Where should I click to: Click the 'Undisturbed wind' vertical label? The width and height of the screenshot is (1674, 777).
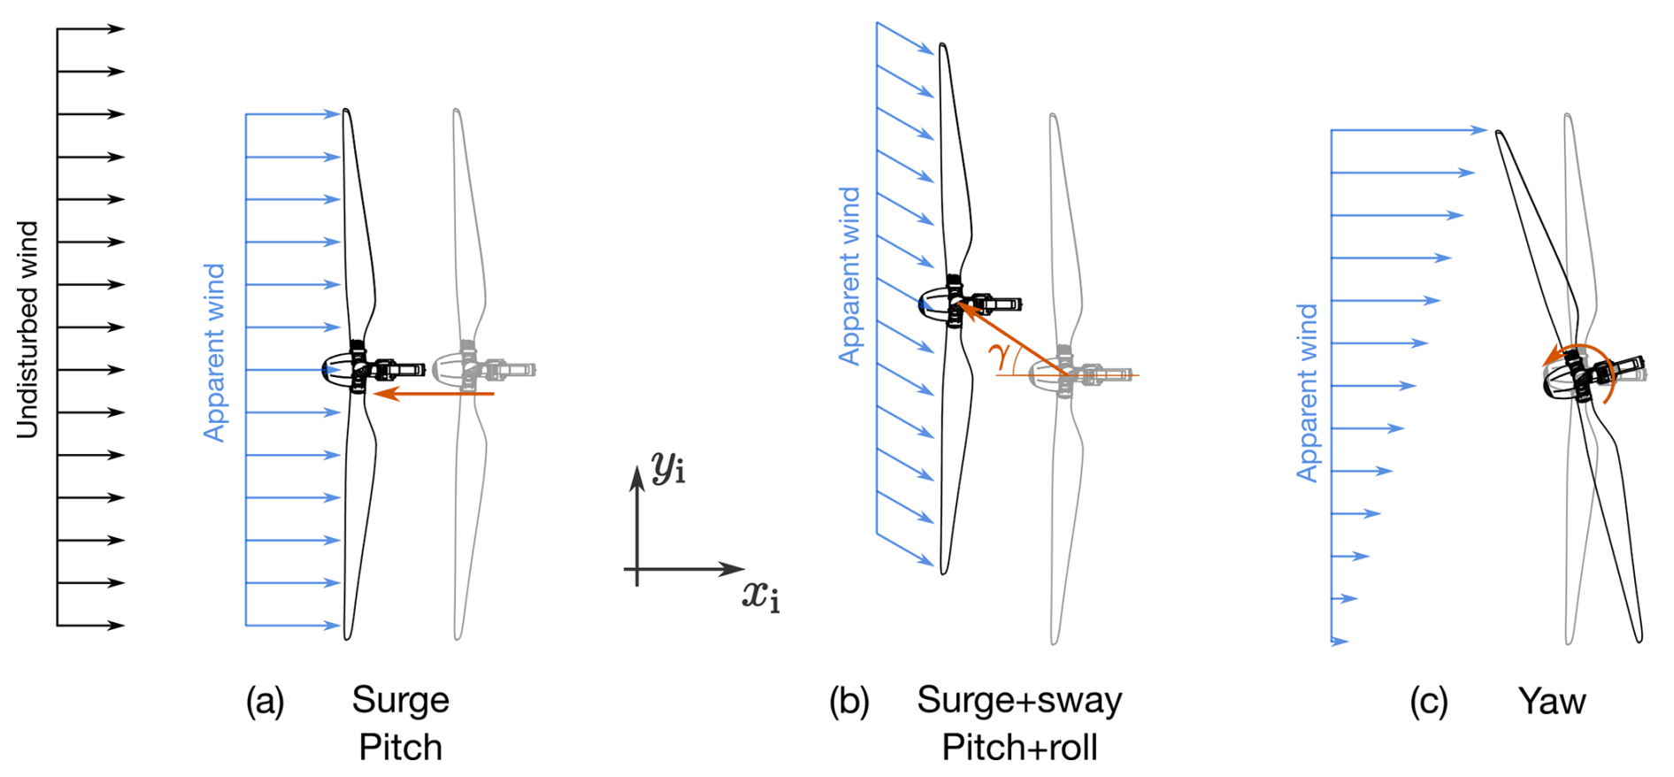[x=28, y=329]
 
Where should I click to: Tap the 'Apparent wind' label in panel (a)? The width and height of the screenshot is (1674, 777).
[x=215, y=352]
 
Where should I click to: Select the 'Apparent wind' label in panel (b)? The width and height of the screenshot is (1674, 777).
[x=849, y=275]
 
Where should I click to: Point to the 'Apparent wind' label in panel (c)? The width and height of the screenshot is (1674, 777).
[x=1307, y=392]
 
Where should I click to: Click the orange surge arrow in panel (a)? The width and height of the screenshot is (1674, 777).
[x=434, y=393]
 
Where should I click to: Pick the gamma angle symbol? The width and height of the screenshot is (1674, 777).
[x=1000, y=355]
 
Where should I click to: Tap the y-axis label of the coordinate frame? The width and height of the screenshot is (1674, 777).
[x=668, y=466]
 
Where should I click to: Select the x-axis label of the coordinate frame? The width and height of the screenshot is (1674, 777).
[x=760, y=596]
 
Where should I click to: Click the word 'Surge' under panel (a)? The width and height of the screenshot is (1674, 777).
[x=400, y=700]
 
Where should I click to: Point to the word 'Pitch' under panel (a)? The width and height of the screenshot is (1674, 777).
[x=400, y=747]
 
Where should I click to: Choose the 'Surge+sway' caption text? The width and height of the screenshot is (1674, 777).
[x=1019, y=700]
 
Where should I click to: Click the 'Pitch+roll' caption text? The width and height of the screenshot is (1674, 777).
[x=1019, y=747]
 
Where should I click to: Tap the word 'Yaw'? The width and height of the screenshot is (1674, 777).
[x=1552, y=701]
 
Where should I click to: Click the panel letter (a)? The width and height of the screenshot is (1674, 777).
[x=265, y=701]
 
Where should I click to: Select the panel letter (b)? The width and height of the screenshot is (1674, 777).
[x=849, y=701]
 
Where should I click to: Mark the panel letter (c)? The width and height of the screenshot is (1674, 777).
[x=1428, y=701]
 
